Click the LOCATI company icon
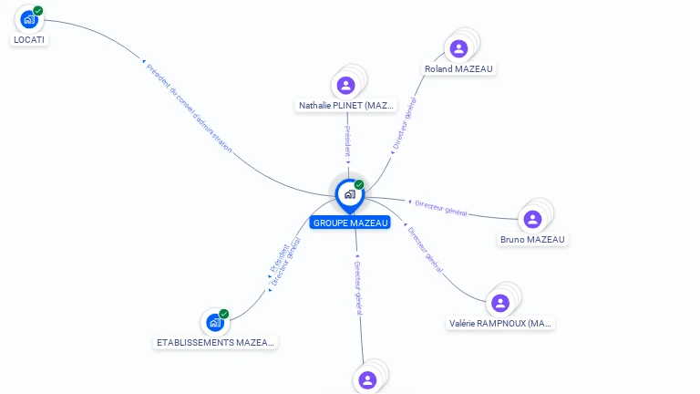coord(29,19)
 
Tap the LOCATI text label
coord(29,40)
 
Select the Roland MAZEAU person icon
coord(458,48)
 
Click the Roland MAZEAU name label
coord(460,69)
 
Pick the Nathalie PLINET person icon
coord(345,86)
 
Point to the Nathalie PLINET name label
coord(346,106)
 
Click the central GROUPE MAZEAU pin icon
coord(349,194)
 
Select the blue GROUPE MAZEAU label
coord(350,223)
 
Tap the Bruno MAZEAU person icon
coord(532,219)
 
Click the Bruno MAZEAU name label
coord(532,240)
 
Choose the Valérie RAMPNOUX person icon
coord(499,303)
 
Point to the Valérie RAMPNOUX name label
coord(501,323)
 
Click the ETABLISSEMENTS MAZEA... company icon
coord(214,322)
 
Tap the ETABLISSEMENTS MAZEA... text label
coord(216,343)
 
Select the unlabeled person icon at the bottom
coord(367,379)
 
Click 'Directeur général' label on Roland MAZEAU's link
coord(404,123)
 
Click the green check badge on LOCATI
coord(38,11)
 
